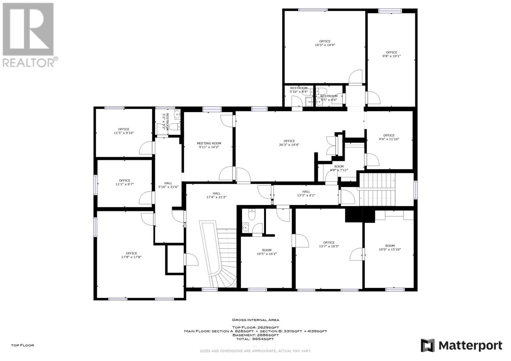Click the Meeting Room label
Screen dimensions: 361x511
coord(209,145)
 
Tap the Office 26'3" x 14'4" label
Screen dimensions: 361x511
coord(289,143)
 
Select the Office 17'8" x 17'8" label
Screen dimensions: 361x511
coord(131,255)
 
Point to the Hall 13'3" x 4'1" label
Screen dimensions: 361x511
coord(306,193)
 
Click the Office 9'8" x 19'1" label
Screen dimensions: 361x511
coord(391,54)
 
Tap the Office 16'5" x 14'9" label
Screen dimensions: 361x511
coord(325,43)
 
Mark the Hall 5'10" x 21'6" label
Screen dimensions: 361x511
coord(168,185)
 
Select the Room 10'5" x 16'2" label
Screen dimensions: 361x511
coord(267,252)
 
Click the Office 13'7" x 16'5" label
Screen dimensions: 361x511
coord(329,244)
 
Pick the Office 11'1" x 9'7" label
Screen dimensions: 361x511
coord(125,182)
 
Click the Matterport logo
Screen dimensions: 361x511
coord(461,345)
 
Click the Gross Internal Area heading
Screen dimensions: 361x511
coord(255,320)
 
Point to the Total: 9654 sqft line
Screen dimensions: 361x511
coord(255,339)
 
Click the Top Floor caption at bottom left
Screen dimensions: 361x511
coord(22,345)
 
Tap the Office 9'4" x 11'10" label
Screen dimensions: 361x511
coord(389,137)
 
